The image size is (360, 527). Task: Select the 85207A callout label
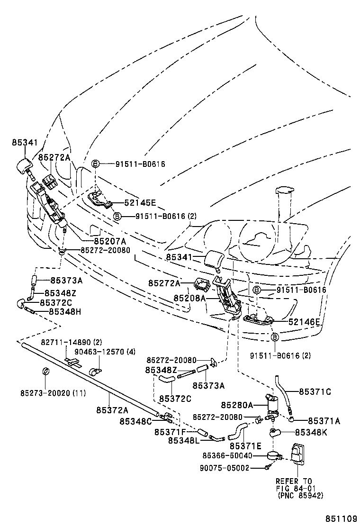(111, 240)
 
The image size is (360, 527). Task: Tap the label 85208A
(189, 299)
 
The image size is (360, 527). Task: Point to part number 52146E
(305, 322)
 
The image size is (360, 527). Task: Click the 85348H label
(66, 311)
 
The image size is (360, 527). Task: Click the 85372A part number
(112, 409)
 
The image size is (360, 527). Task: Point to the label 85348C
(135, 421)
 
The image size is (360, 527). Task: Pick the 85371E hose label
(245, 446)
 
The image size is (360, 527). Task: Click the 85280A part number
(237, 405)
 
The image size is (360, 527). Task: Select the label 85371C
(315, 391)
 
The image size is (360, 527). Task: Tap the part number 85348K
(311, 432)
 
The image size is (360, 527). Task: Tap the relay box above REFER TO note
(297, 452)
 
